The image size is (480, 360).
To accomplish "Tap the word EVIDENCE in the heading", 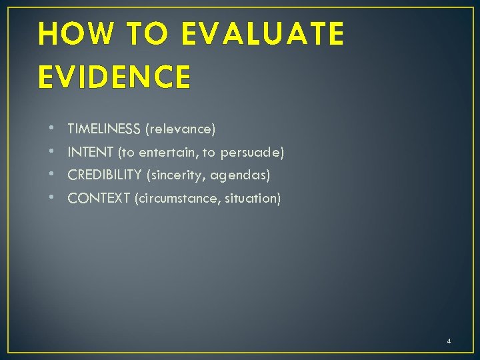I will (x=114, y=76).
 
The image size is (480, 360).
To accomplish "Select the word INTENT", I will (x=91, y=153).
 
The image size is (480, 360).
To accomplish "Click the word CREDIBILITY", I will (x=105, y=175).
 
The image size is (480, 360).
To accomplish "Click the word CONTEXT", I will (x=99, y=198).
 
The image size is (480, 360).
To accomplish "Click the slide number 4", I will (x=449, y=341).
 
